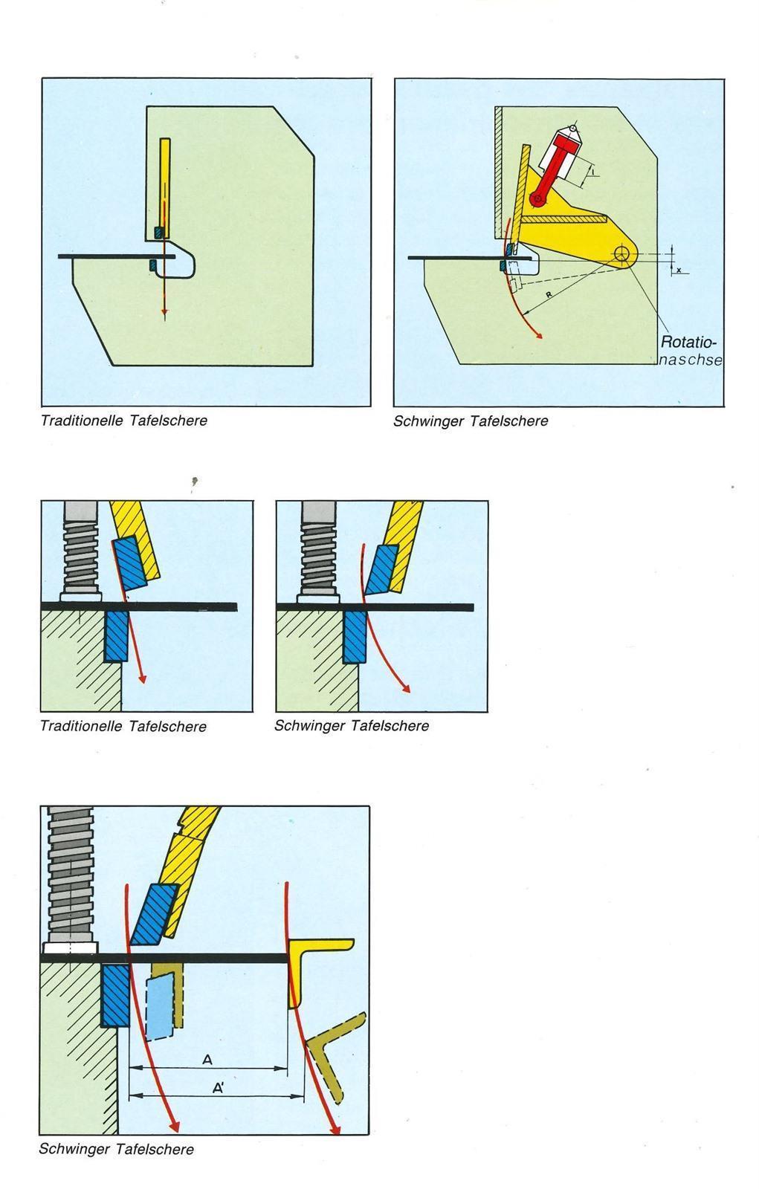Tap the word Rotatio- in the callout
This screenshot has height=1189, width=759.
[688, 343]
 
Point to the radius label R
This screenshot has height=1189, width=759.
[548, 295]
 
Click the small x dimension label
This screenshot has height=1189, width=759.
[679, 270]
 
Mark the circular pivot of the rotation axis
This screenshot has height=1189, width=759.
[621, 255]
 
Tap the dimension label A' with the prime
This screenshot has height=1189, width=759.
[219, 1088]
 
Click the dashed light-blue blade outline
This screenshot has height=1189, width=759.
[160, 1008]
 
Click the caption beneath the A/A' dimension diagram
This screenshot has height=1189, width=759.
[116, 1149]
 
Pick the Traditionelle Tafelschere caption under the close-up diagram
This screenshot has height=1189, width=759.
[123, 726]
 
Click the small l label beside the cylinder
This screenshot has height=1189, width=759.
[595, 172]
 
